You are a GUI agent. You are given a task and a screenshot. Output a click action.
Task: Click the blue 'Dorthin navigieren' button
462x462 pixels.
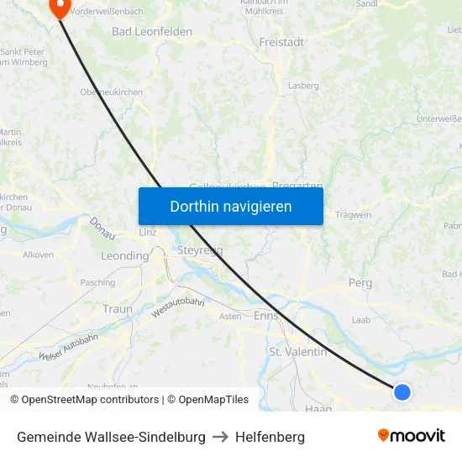[x=230, y=206]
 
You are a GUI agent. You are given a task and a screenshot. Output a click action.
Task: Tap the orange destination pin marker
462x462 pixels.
[x=60, y=8]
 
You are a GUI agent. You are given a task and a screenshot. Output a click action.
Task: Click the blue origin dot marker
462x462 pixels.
[x=402, y=391]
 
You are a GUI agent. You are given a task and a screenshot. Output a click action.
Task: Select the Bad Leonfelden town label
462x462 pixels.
[x=152, y=32]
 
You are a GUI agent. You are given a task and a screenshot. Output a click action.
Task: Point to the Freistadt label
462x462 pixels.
[x=281, y=42]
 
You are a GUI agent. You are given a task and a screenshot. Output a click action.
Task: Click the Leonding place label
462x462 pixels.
[x=124, y=256]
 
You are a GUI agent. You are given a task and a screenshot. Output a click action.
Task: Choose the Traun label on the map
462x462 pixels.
[x=118, y=309]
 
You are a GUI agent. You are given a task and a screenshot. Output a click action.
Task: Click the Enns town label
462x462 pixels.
[x=265, y=316]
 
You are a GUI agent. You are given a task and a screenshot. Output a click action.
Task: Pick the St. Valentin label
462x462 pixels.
[x=297, y=352]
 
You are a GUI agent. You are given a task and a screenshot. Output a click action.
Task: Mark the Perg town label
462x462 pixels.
[x=360, y=284]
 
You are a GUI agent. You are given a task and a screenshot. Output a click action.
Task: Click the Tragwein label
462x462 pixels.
[x=353, y=215]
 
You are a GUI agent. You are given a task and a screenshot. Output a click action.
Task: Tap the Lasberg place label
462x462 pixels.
[x=303, y=86]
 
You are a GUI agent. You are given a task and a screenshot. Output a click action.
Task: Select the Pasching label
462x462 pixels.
[x=97, y=284]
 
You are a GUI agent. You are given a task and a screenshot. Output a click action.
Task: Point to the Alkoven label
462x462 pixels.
[x=39, y=255]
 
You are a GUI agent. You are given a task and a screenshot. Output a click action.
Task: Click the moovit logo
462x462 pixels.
[x=411, y=436]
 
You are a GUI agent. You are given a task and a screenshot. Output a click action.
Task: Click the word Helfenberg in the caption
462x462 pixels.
[x=270, y=437]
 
